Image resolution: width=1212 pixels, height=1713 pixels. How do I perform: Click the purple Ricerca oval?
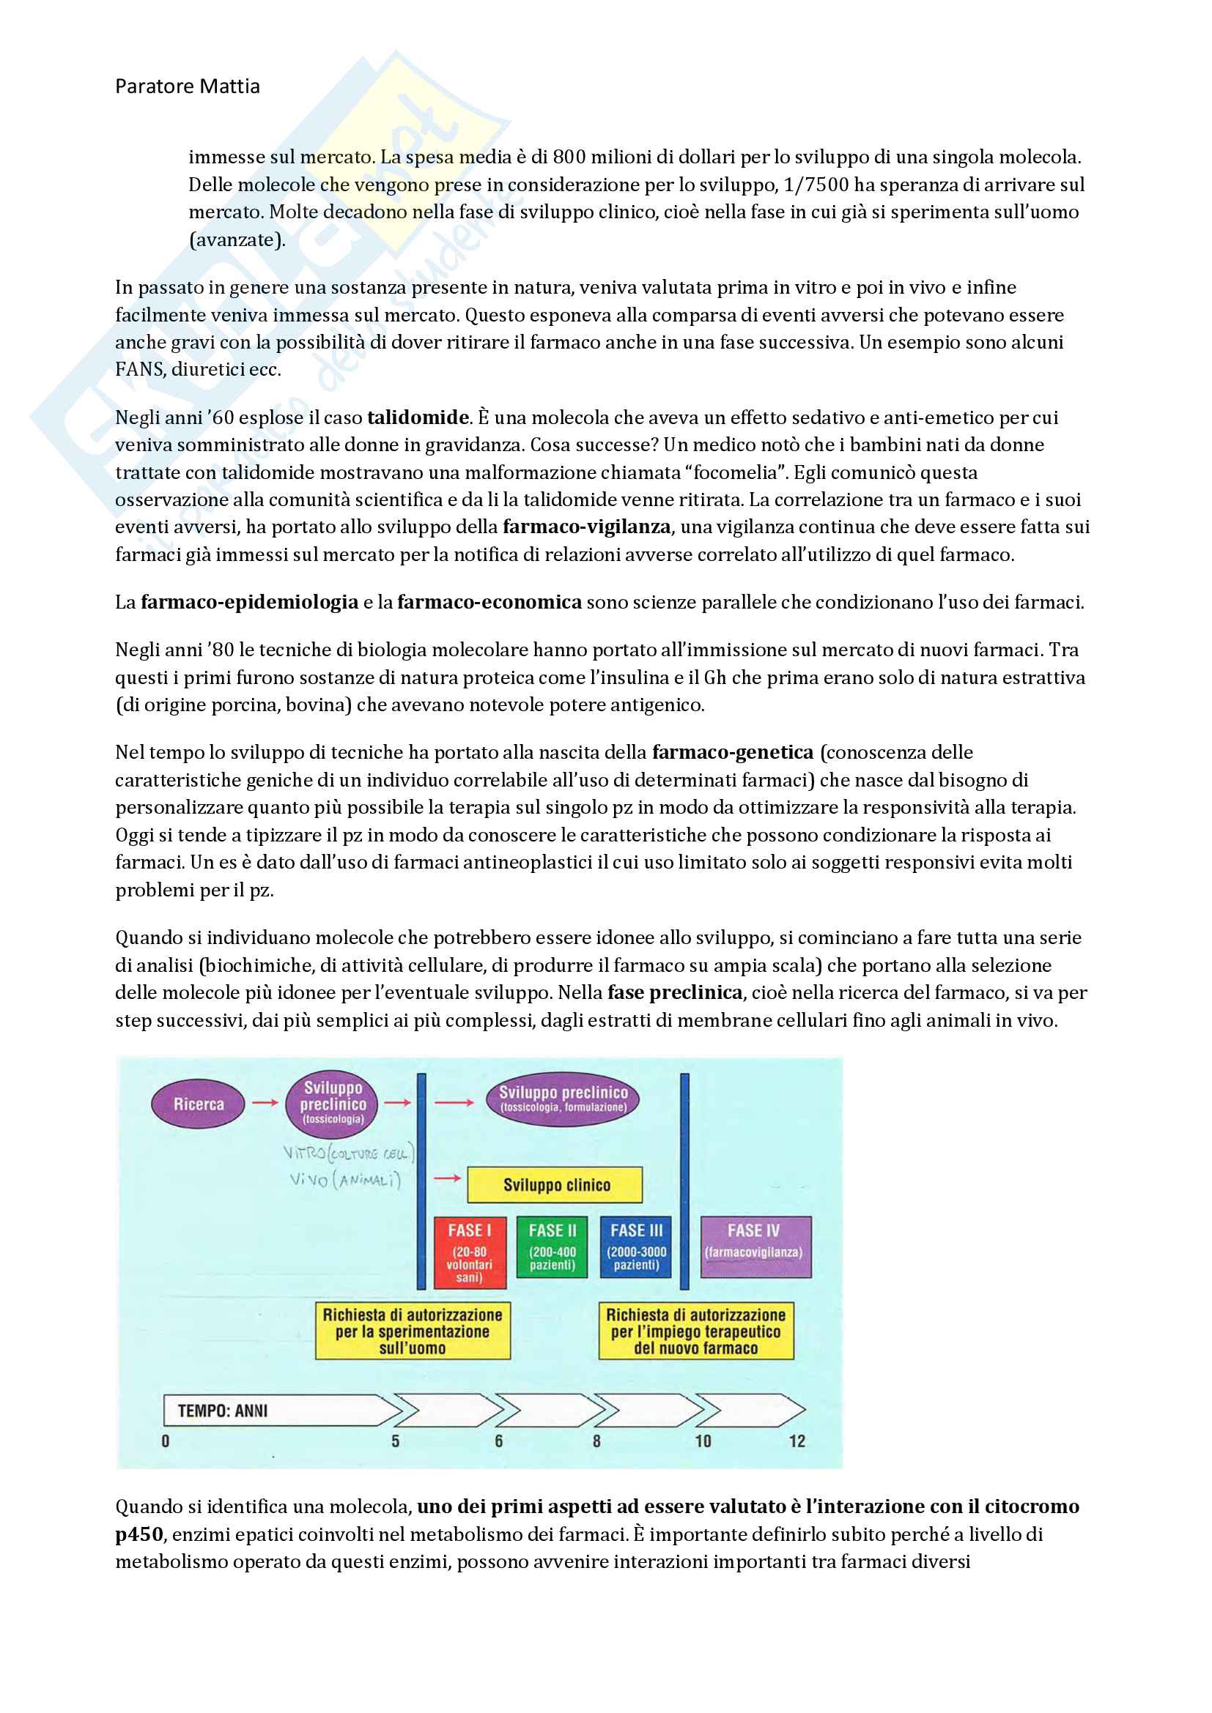coord(199,1104)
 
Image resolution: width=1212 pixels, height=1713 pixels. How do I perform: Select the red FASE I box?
coord(470,1252)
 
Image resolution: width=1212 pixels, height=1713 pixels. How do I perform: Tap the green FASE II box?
coord(553,1247)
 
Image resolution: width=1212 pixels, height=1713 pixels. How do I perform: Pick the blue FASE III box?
coord(636,1247)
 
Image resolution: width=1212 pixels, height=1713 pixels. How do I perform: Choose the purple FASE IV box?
coord(755,1247)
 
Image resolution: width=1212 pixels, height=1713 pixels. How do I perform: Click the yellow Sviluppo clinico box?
coord(555,1185)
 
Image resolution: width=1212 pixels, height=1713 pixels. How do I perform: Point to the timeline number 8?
coord(596,1441)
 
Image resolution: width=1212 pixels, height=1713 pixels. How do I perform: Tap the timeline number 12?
coord(797,1441)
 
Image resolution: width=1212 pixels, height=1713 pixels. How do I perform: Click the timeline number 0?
coord(166,1441)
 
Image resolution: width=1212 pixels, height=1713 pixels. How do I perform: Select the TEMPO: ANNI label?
coord(223,1411)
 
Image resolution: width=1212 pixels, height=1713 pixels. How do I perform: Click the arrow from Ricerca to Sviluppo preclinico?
coord(265,1103)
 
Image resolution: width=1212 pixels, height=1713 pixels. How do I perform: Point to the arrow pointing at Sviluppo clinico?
coord(448,1178)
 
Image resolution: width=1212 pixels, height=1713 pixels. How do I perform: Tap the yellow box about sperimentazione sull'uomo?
coord(413,1331)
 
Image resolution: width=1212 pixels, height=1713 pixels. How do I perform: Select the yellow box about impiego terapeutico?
coord(695,1331)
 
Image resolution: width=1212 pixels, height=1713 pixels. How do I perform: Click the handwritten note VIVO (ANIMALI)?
coord(346,1180)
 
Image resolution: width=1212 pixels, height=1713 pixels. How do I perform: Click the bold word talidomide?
coord(418,417)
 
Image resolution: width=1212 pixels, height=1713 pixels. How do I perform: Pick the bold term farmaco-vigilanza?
coord(587,527)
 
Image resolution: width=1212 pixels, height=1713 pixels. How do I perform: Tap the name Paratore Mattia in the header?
coord(188,86)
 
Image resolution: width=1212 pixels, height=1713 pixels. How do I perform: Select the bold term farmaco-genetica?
coord(732,753)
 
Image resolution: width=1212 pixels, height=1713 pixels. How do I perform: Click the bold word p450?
coord(138,1535)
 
